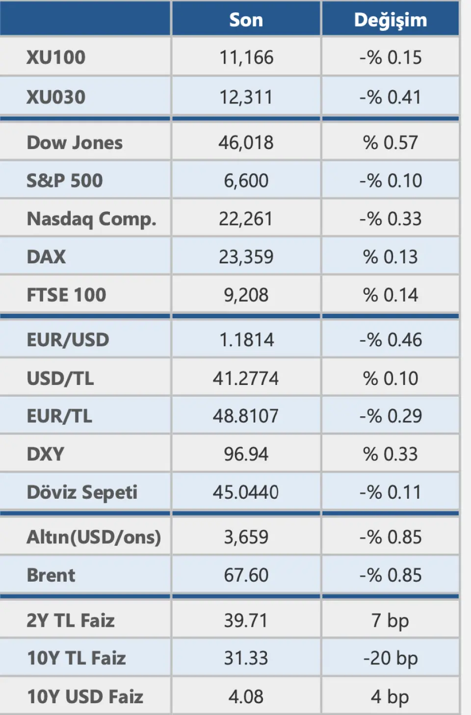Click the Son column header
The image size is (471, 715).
pyautogui.click(x=246, y=20)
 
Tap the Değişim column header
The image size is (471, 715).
pyautogui.click(x=390, y=20)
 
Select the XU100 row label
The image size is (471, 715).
pyautogui.click(x=56, y=57)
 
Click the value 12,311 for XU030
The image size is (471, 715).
pyautogui.click(x=246, y=97)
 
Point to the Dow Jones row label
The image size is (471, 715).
pyautogui.click(x=75, y=142)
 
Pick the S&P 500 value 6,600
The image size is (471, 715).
pyautogui.click(x=246, y=180)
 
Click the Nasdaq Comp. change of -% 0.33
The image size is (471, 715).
pyautogui.click(x=390, y=219)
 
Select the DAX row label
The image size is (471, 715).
pyautogui.click(x=46, y=256)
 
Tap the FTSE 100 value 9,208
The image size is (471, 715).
pyautogui.click(x=246, y=295)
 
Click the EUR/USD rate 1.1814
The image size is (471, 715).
pyautogui.click(x=246, y=339)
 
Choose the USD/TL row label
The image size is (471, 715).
pyautogui.click(x=60, y=378)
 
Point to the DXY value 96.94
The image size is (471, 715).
pyautogui.click(x=246, y=454)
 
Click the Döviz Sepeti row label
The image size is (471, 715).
pyautogui.click(x=82, y=492)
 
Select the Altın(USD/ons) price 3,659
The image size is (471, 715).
pyautogui.click(x=246, y=537)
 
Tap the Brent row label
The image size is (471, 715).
pyautogui.click(x=51, y=575)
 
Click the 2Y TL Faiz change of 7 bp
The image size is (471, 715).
pyautogui.click(x=390, y=620)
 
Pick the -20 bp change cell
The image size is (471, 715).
pyautogui.click(x=390, y=658)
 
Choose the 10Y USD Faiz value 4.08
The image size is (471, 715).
pyautogui.click(x=246, y=696)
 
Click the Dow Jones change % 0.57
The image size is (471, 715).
pyautogui.click(x=390, y=142)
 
